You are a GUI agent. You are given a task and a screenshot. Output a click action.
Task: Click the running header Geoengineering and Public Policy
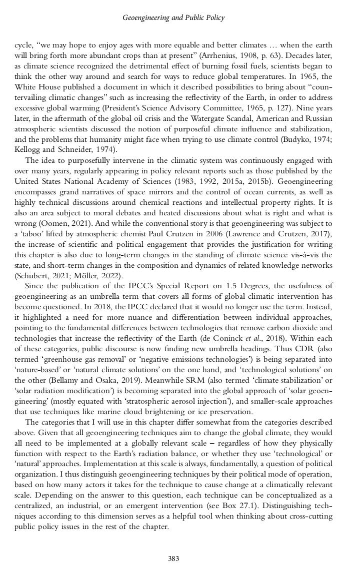point(173,18)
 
